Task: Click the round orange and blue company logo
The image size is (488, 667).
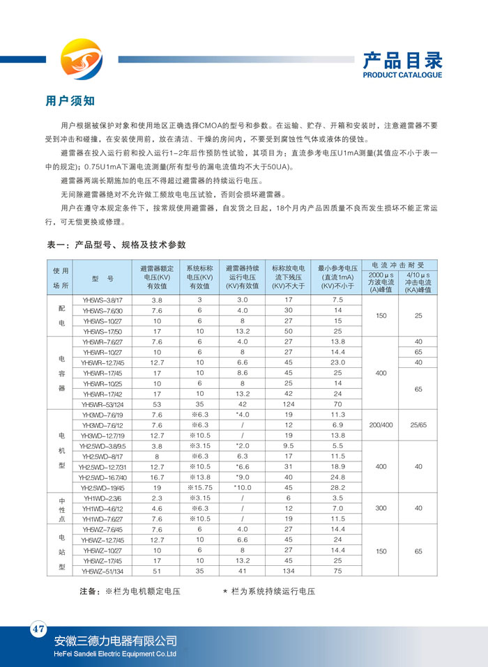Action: (x=79, y=59)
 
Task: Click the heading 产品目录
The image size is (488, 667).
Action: (x=402, y=60)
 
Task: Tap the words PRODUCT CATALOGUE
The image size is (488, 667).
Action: (x=402, y=75)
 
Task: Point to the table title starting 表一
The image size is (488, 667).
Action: (x=116, y=245)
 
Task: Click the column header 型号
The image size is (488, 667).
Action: (x=102, y=277)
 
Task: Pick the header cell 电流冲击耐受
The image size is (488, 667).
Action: (x=399, y=265)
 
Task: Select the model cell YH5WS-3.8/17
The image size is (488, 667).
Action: (x=102, y=299)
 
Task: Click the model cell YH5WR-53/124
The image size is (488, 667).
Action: (x=102, y=404)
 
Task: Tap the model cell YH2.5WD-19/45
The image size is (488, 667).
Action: (x=102, y=488)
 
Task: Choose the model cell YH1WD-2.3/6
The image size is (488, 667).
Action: (x=102, y=498)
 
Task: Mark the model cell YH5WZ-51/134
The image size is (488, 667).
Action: (x=102, y=572)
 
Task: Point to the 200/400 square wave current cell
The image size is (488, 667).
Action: (x=381, y=425)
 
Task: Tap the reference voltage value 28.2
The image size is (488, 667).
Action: (x=337, y=488)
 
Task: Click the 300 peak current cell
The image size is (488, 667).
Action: (x=381, y=509)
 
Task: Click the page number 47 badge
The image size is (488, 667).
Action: (x=38, y=629)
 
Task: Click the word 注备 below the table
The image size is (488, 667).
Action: (x=89, y=592)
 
